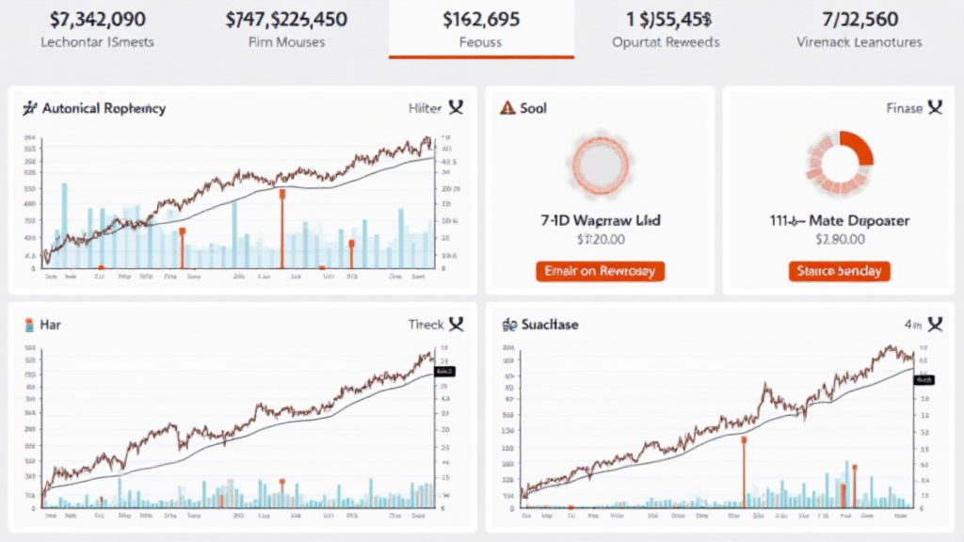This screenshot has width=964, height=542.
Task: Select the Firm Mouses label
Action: coord(286,42)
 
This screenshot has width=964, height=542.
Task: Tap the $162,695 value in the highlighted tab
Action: coord(482,19)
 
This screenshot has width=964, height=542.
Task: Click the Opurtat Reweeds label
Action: coord(665,42)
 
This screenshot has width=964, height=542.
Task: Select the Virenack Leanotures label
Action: coord(860,42)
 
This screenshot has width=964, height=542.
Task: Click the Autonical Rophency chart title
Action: coord(104,108)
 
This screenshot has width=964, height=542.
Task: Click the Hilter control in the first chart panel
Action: coord(426,108)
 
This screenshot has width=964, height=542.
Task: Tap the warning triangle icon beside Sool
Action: coord(507,108)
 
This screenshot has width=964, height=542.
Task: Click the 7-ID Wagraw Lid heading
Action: coord(600,220)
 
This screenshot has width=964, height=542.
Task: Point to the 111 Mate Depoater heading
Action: coord(839,220)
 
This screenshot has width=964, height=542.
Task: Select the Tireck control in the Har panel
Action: coord(426,325)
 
